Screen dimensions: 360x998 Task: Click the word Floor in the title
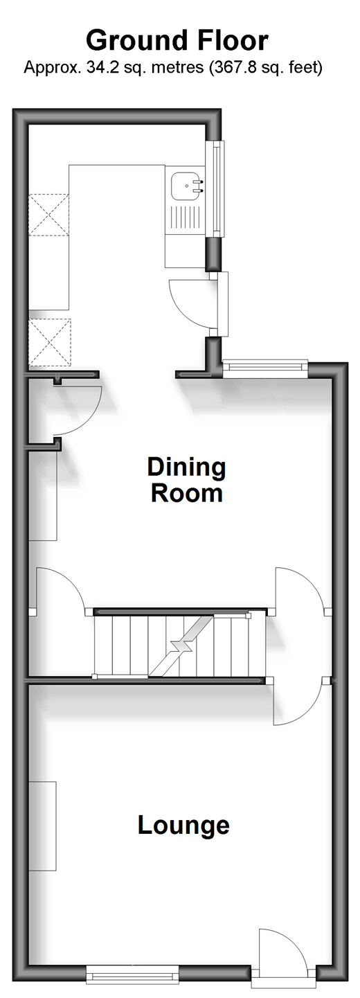231,41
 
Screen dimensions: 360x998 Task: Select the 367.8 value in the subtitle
229,68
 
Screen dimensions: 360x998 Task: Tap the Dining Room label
187,480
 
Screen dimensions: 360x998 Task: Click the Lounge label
183,825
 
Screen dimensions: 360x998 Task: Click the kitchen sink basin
187,187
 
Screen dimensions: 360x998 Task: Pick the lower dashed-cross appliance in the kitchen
50,342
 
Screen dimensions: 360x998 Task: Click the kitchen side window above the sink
217,188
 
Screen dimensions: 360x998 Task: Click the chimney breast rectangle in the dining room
43,495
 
